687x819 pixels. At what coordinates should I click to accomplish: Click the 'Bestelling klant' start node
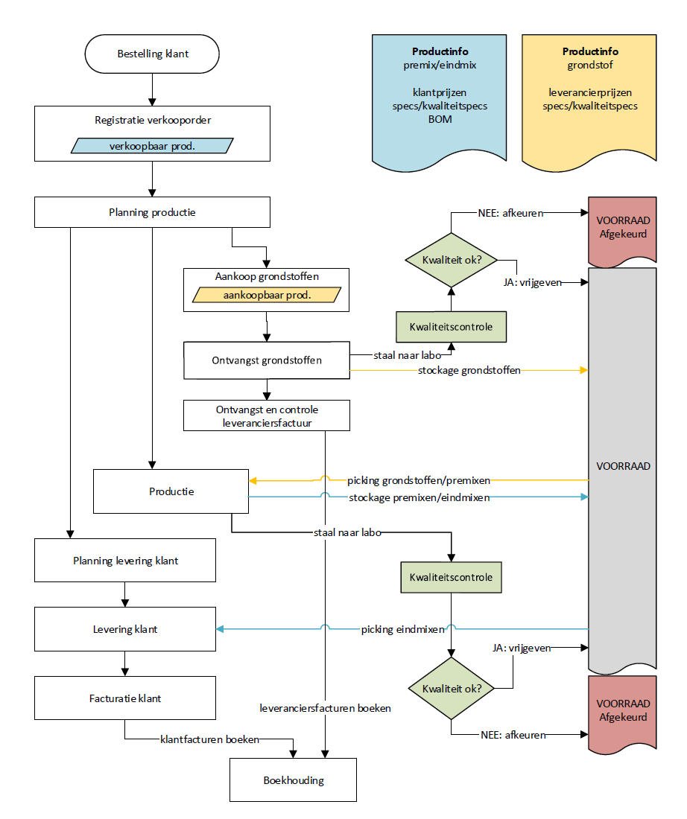pyautogui.click(x=152, y=54)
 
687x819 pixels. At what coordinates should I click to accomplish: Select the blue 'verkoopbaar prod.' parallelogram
pyautogui.click(x=152, y=146)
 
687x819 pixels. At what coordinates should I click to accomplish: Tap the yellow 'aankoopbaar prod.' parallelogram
pyautogui.click(x=267, y=296)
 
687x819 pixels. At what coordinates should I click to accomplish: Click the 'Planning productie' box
pyautogui.click(x=152, y=212)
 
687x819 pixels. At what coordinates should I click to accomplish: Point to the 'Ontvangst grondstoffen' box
pyautogui.click(x=267, y=360)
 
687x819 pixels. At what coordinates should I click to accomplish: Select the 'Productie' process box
pyautogui.click(x=171, y=491)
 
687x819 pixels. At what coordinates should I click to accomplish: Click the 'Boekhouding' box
pyautogui.click(x=293, y=780)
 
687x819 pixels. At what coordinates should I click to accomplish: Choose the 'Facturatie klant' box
pyautogui.click(x=124, y=698)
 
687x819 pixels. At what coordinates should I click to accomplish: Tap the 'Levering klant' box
pyautogui.click(x=124, y=629)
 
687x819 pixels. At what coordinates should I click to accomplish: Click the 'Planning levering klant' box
pyautogui.click(x=124, y=561)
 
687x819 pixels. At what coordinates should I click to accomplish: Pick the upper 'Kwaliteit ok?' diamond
pyautogui.click(x=450, y=260)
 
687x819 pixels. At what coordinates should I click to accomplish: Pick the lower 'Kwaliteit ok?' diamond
pyautogui.click(x=450, y=689)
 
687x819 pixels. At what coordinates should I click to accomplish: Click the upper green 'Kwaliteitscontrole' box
pyautogui.click(x=450, y=326)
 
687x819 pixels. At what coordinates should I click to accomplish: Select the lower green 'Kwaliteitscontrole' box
pyautogui.click(x=450, y=576)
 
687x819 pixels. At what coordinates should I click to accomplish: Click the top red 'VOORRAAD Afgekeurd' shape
pyautogui.click(x=622, y=228)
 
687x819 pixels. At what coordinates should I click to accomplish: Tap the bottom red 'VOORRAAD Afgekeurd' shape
pyautogui.click(x=622, y=710)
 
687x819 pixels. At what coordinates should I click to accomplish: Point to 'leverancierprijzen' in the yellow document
pyautogui.click(x=589, y=93)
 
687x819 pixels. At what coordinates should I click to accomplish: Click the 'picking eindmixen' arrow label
pyautogui.click(x=403, y=629)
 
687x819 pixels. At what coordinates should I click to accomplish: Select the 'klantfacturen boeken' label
pyautogui.click(x=209, y=740)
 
